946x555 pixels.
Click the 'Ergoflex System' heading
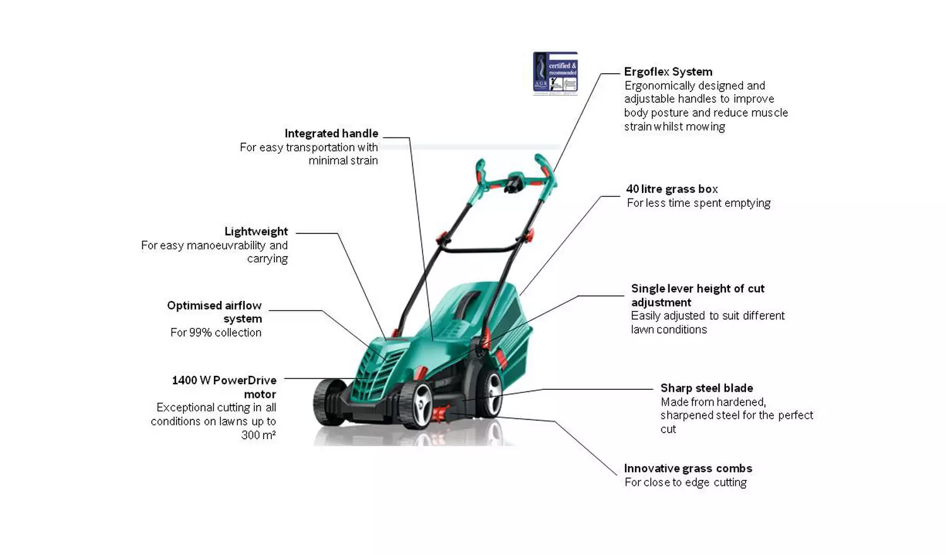(x=668, y=72)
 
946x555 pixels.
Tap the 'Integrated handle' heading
(x=331, y=134)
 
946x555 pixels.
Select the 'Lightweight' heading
(x=256, y=231)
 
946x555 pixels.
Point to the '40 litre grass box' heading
(x=672, y=189)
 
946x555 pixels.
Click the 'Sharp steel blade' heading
(x=706, y=388)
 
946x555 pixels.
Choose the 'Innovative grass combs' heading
(x=687, y=469)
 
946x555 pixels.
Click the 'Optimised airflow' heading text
(x=214, y=306)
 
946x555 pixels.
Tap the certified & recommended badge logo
(x=555, y=73)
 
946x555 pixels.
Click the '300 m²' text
(x=259, y=435)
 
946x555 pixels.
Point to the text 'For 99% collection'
(x=216, y=333)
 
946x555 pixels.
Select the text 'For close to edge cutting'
(x=686, y=482)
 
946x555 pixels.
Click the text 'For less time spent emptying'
(x=698, y=203)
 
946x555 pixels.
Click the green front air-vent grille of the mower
(x=376, y=372)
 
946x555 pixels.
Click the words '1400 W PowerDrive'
(x=224, y=380)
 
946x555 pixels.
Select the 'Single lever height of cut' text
(x=698, y=289)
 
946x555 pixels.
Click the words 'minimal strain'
(x=343, y=161)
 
